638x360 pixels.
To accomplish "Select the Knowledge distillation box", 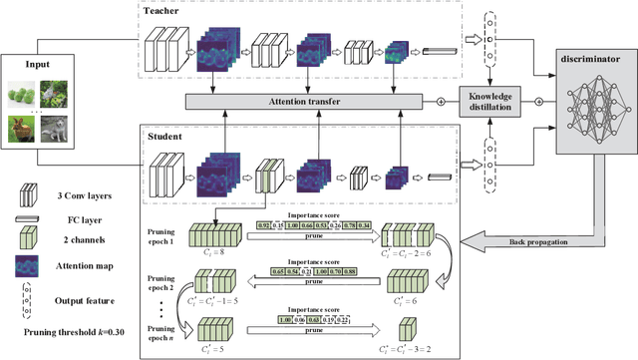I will [x=490, y=102].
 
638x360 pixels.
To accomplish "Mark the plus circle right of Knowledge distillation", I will [x=539, y=102].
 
